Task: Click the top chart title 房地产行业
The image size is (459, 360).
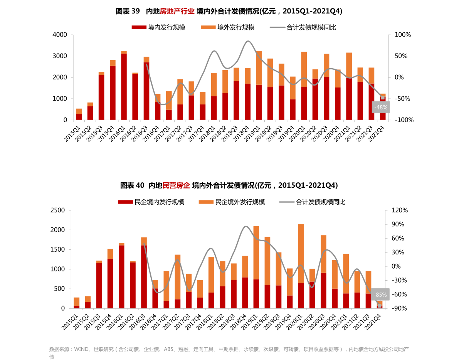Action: click(x=177, y=11)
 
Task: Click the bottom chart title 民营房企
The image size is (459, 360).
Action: click(x=176, y=185)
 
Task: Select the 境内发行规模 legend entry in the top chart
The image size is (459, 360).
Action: click(x=158, y=27)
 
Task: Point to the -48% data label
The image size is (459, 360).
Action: click(x=381, y=108)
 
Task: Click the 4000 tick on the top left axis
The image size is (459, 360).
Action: click(x=60, y=35)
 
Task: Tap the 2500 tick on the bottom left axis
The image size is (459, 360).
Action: click(x=58, y=210)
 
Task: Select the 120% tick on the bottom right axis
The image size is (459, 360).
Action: click(x=399, y=210)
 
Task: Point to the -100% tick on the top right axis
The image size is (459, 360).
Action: click(x=404, y=120)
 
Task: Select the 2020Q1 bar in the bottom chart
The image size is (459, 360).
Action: click(x=301, y=266)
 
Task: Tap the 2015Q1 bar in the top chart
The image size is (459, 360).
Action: click(x=79, y=114)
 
